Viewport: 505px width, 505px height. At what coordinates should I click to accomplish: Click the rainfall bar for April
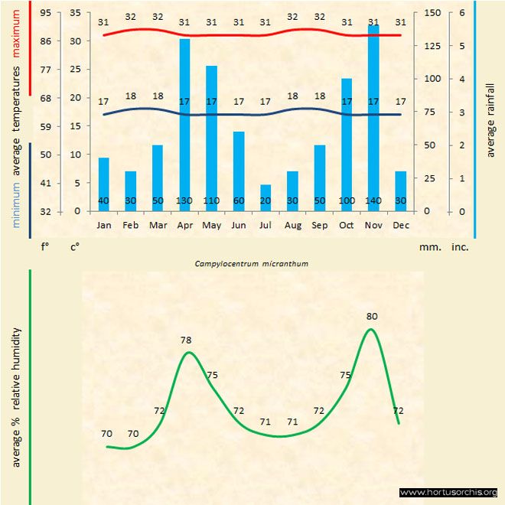(184, 122)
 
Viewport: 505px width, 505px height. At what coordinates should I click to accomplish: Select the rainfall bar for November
(373, 115)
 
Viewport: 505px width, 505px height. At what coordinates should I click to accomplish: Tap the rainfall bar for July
(266, 197)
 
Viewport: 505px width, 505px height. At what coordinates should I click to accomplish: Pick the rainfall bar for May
(212, 138)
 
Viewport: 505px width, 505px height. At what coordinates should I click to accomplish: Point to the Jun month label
(239, 226)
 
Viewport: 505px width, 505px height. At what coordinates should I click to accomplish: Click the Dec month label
(400, 226)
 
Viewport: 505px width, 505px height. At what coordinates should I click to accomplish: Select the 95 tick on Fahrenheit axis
(46, 13)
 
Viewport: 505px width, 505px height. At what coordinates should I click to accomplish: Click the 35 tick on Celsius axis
(74, 13)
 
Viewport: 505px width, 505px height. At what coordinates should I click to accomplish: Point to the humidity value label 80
(372, 316)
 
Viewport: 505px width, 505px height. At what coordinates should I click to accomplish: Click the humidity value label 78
(186, 339)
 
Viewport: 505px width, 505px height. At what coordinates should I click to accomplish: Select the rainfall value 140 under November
(373, 200)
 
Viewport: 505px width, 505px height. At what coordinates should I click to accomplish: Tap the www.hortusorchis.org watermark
(448, 492)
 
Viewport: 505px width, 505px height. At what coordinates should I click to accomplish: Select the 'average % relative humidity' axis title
(16, 398)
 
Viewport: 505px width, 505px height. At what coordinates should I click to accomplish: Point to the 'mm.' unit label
(428, 247)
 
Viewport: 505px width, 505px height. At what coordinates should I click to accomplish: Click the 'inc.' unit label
(459, 247)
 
